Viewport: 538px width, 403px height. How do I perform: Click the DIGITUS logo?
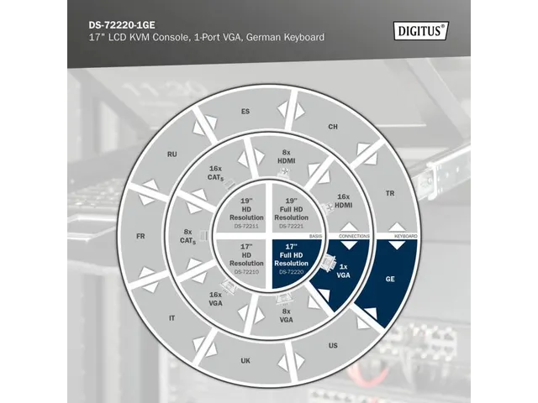[421, 30]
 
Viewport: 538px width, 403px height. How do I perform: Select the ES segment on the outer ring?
[245, 112]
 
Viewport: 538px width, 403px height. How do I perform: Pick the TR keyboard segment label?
[389, 192]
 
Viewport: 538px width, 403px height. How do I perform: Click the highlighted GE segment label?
[390, 279]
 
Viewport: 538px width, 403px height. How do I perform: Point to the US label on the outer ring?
[333, 345]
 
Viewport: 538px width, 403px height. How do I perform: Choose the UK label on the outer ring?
[245, 361]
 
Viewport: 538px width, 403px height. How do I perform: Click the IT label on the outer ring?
[172, 318]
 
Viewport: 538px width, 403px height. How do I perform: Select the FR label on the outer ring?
[140, 236]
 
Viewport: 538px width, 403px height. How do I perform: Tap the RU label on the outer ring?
[171, 154]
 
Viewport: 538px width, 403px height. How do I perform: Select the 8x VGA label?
[287, 317]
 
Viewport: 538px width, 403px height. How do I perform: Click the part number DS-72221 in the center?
[291, 227]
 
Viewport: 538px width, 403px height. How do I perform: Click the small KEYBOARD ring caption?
[404, 237]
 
